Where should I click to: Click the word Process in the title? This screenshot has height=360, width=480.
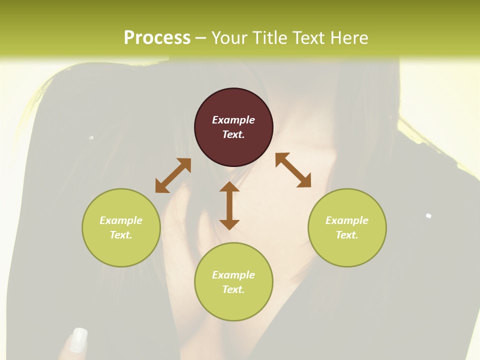157,38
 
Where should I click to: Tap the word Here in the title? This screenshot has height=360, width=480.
349,38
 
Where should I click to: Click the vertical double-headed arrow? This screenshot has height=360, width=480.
229,205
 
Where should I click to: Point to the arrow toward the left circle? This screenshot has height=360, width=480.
173,175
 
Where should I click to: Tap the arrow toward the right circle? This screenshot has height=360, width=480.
293,170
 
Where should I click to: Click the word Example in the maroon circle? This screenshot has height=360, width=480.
233,120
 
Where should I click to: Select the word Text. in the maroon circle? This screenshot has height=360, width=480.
233,134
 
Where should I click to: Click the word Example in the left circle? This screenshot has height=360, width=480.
121,220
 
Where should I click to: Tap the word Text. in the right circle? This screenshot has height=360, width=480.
347,235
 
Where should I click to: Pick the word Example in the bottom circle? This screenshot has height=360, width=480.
233,275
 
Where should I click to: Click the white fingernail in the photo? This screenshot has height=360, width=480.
78,339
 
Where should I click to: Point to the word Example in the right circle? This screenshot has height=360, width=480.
347,220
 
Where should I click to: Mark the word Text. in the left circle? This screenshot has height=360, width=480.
121,235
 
